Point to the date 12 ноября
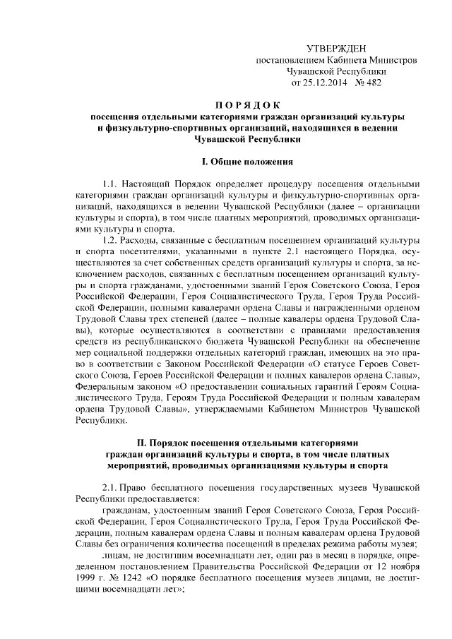pyautogui.click(x=400, y=568)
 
